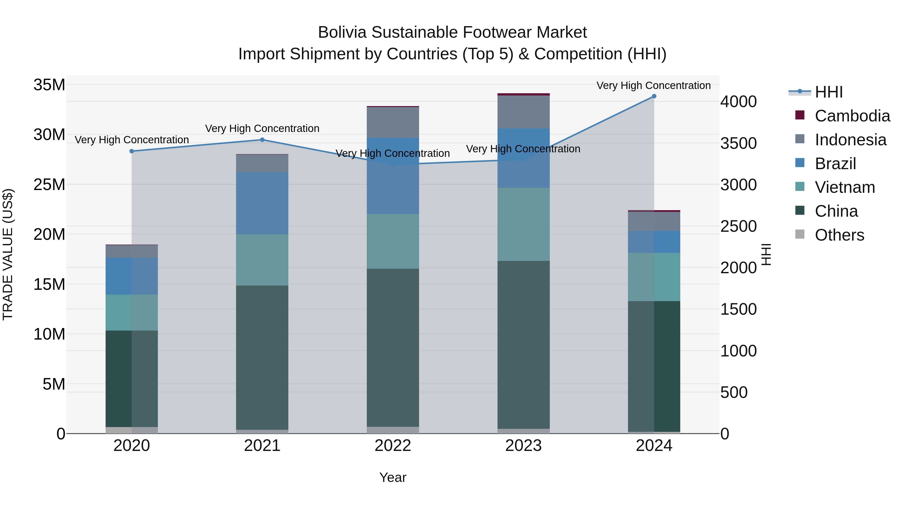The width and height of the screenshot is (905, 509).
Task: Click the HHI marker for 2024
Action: pyautogui.click(x=654, y=96)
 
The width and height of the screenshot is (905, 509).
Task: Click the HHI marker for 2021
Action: pyautogui.click(x=262, y=140)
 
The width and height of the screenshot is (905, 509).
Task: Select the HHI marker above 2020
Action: pyautogui.click(x=132, y=151)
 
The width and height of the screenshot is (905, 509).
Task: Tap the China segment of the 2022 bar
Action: pyautogui.click(x=393, y=348)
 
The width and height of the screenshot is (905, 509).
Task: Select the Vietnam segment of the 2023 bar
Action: pyautogui.click(x=523, y=224)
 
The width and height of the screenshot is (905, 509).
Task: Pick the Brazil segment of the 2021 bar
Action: pyautogui.click(x=262, y=203)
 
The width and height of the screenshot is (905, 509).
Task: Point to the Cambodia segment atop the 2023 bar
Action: pyautogui.click(x=523, y=95)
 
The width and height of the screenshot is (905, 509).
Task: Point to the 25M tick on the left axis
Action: pyautogui.click(x=49, y=184)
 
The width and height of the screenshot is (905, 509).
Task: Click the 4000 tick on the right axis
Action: pyautogui.click(x=739, y=102)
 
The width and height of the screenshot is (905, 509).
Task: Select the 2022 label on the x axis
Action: pyautogui.click(x=393, y=446)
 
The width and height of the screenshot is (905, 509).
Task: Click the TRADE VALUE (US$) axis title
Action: pyautogui.click(x=8, y=254)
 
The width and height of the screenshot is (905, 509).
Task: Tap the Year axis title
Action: pyautogui.click(x=393, y=477)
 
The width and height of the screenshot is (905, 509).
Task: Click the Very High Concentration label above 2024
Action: pyautogui.click(x=653, y=85)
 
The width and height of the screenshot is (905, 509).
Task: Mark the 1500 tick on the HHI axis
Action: pyautogui.click(x=739, y=309)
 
